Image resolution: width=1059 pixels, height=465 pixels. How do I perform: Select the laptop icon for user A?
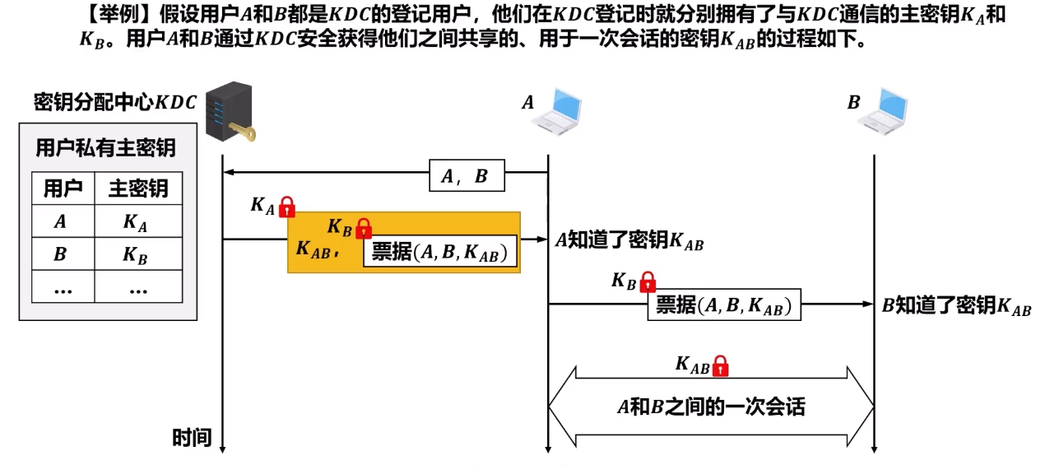click(x=557, y=110)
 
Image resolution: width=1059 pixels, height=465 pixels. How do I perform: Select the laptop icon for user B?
click(x=882, y=110)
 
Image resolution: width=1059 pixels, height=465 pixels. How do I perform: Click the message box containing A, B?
click(x=467, y=175)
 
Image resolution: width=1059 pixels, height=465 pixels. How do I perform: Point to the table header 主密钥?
click(x=138, y=189)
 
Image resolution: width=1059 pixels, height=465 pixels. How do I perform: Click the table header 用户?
click(x=63, y=189)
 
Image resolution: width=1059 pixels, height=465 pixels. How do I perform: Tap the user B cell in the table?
click(x=61, y=254)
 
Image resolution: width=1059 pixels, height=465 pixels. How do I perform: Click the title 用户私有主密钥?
click(x=106, y=148)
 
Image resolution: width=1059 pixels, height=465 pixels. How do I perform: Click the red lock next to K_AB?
click(x=720, y=365)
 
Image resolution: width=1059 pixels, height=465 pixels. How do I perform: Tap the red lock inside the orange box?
click(x=363, y=228)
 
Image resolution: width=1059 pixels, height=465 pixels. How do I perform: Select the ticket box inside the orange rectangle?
click(x=440, y=252)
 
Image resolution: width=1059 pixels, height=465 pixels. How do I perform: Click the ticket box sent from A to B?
click(x=724, y=305)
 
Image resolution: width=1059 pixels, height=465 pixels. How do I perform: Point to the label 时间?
click(x=192, y=438)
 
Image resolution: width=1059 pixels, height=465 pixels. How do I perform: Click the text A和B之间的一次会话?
click(x=711, y=407)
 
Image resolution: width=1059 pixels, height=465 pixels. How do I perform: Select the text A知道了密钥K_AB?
click(x=629, y=241)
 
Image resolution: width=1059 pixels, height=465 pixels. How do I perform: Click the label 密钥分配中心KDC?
click(x=115, y=102)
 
